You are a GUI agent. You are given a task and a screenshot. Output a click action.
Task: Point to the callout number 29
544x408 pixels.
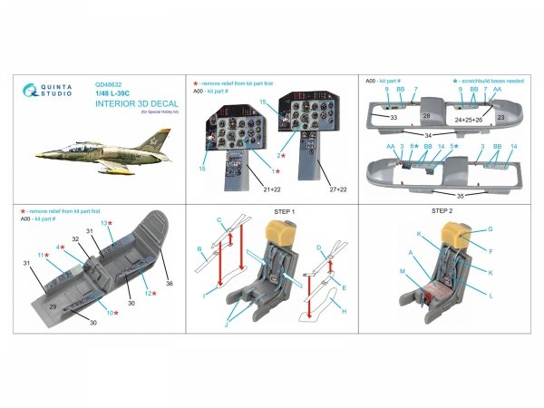53,308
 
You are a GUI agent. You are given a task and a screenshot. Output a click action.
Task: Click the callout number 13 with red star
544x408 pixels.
105,223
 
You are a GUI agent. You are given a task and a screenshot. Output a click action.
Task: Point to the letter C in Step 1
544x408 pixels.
219,221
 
